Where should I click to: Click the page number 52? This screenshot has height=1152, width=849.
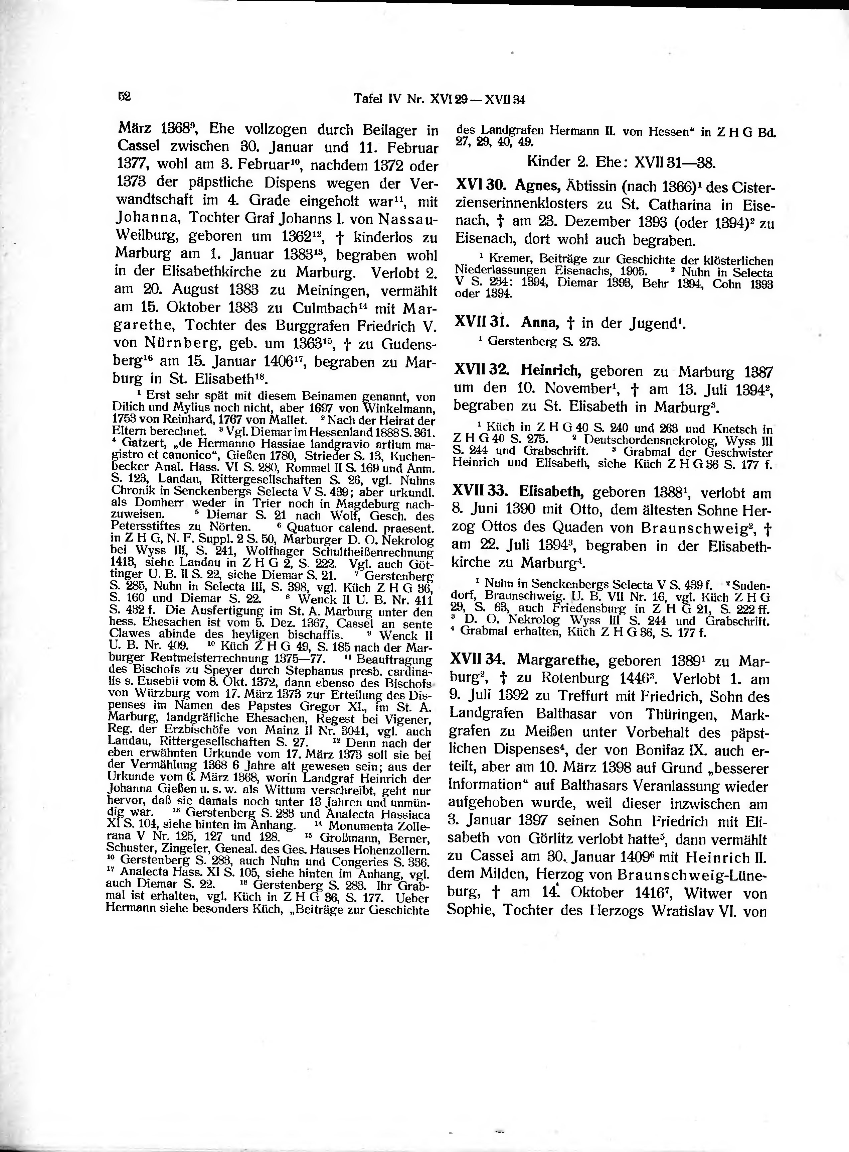click(x=124, y=97)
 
